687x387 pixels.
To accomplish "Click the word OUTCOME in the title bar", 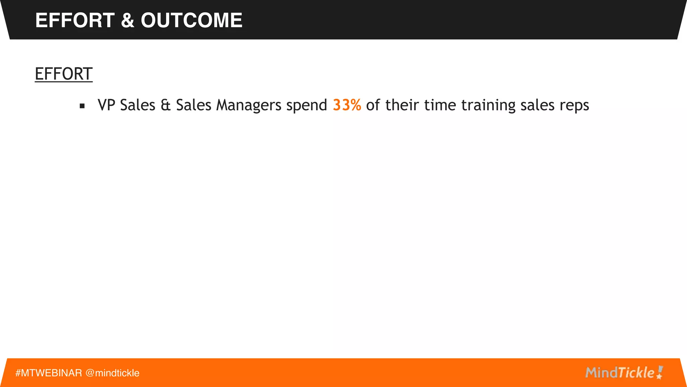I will (191, 20).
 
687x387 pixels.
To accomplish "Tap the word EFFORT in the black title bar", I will (75, 20).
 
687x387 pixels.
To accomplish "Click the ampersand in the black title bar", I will (127, 20).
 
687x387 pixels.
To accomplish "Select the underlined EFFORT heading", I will (63, 74).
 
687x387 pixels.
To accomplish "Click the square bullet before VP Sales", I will (82, 106).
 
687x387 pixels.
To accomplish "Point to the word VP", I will (106, 105).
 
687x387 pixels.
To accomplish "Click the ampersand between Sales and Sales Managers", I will (165, 105).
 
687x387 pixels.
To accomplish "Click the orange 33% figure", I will (347, 105).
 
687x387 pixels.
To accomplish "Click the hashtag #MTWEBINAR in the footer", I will (49, 373).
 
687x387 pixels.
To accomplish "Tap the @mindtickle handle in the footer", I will (112, 373).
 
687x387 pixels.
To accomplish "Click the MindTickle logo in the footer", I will (624, 373).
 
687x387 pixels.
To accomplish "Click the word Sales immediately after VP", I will (138, 105).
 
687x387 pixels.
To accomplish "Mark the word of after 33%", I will (373, 105).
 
